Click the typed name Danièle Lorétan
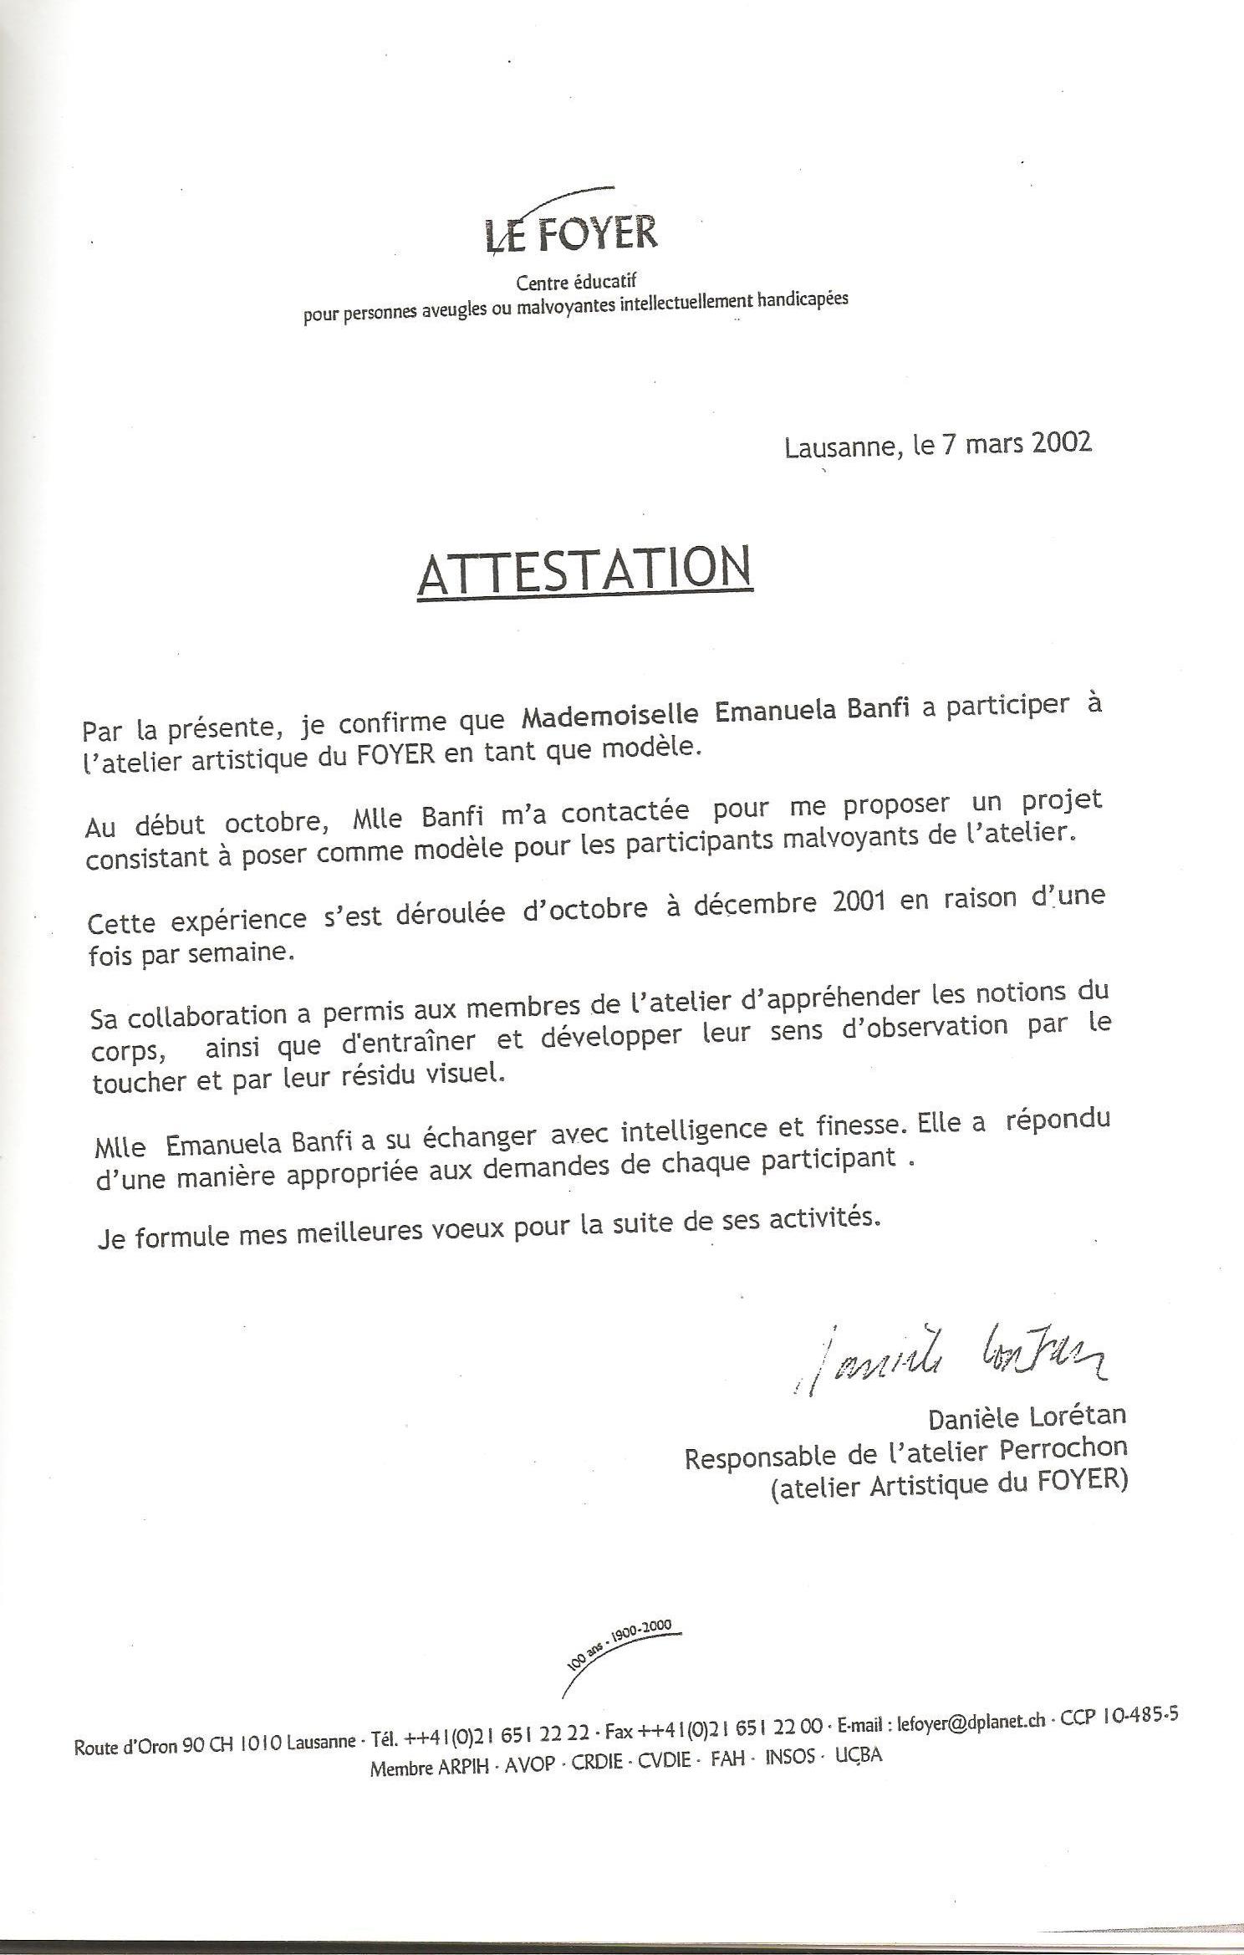1027,1416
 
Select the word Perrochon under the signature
1063,1448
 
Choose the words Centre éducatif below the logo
576,283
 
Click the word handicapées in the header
802,299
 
